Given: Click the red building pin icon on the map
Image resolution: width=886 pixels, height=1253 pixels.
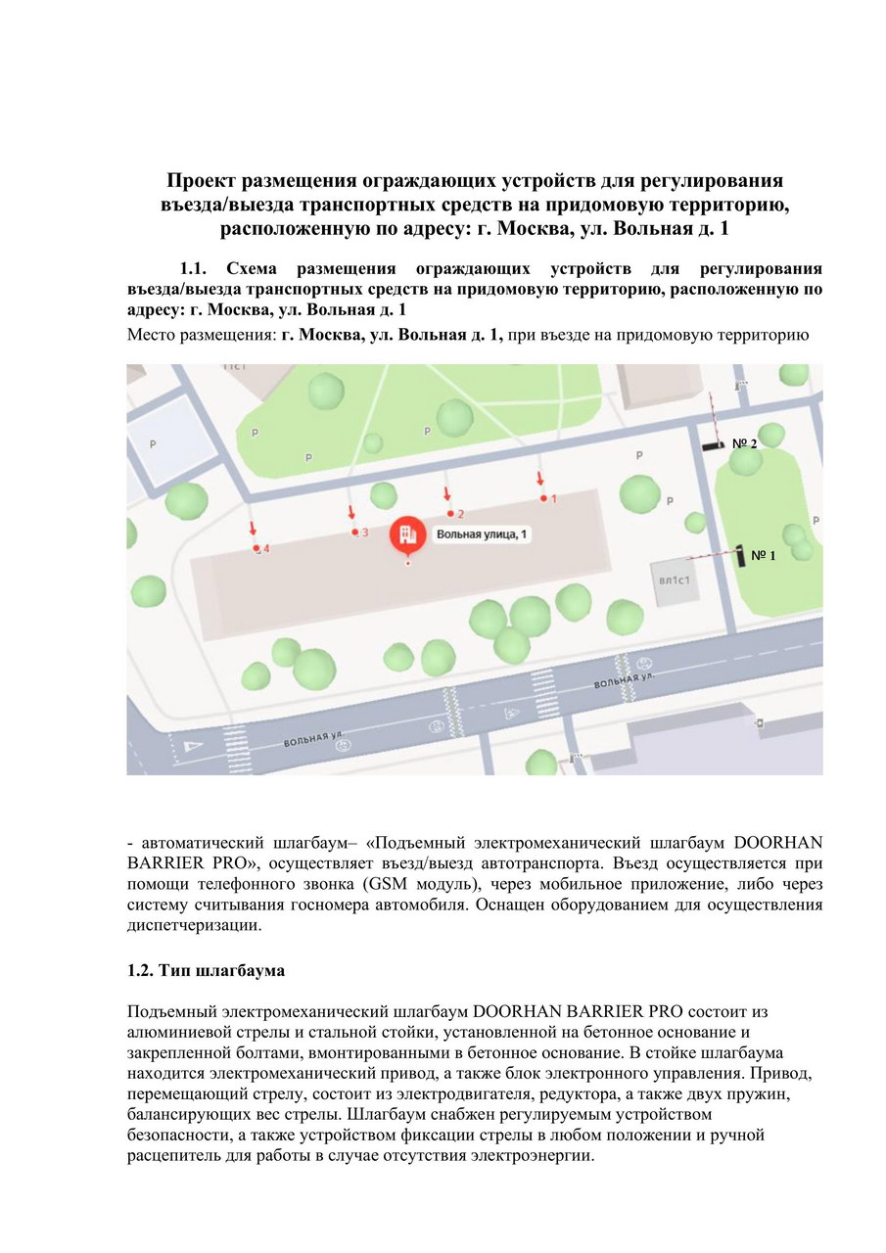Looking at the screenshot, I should click(406, 535).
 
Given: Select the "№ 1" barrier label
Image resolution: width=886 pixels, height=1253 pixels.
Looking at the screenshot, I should click(764, 555).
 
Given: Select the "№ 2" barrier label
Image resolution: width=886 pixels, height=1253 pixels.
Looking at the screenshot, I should click(744, 443).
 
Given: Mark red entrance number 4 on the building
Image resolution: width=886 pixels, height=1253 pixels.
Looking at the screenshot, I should click(265, 549).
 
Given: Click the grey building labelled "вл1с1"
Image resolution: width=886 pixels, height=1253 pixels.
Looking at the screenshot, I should click(676, 580).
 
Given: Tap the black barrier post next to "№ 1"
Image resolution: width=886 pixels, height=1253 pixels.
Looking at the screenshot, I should click(741, 554).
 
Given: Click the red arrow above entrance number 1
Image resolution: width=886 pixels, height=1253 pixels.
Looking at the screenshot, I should click(539, 479).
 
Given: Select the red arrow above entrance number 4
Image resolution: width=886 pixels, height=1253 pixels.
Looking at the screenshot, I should click(253, 530).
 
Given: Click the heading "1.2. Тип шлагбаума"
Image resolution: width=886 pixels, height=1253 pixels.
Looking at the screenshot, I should click(206, 971).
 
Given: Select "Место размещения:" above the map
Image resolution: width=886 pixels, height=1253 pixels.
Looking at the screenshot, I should click(202, 335).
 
